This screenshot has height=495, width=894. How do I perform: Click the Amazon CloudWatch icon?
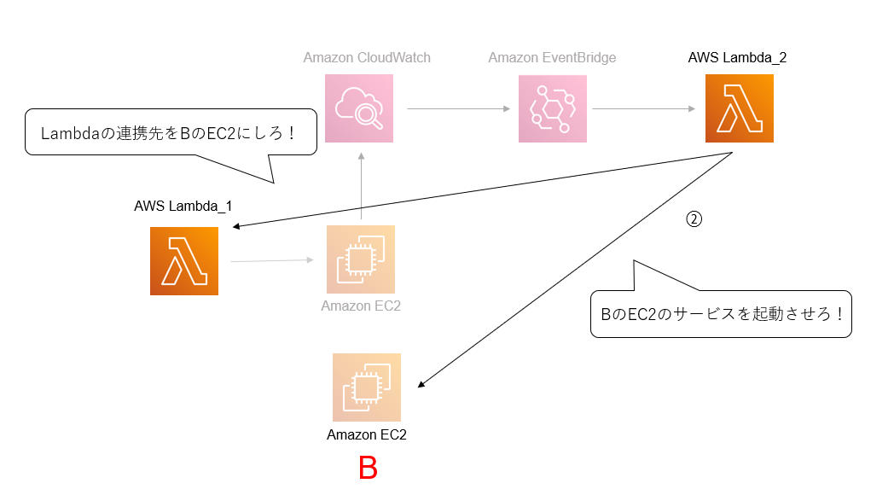359,108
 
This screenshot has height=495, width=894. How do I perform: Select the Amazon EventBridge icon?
553,108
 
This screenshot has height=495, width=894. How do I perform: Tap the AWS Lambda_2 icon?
740,108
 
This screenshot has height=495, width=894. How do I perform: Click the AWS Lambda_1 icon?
184,261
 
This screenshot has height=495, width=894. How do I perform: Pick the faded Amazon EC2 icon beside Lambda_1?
361,259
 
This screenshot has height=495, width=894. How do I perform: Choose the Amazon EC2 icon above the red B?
367,387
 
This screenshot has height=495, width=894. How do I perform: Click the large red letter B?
368,469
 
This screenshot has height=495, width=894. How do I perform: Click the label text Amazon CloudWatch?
367,58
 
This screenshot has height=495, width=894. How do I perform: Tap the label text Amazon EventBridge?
552,58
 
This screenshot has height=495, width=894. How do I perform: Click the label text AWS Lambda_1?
183,207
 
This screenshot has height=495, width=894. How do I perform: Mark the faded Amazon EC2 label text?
361,306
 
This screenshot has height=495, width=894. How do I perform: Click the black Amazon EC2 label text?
367,435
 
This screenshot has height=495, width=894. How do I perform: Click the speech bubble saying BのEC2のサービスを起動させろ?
720,314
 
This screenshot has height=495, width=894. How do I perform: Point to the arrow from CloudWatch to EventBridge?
459,109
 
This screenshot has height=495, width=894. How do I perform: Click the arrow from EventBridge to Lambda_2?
644,109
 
